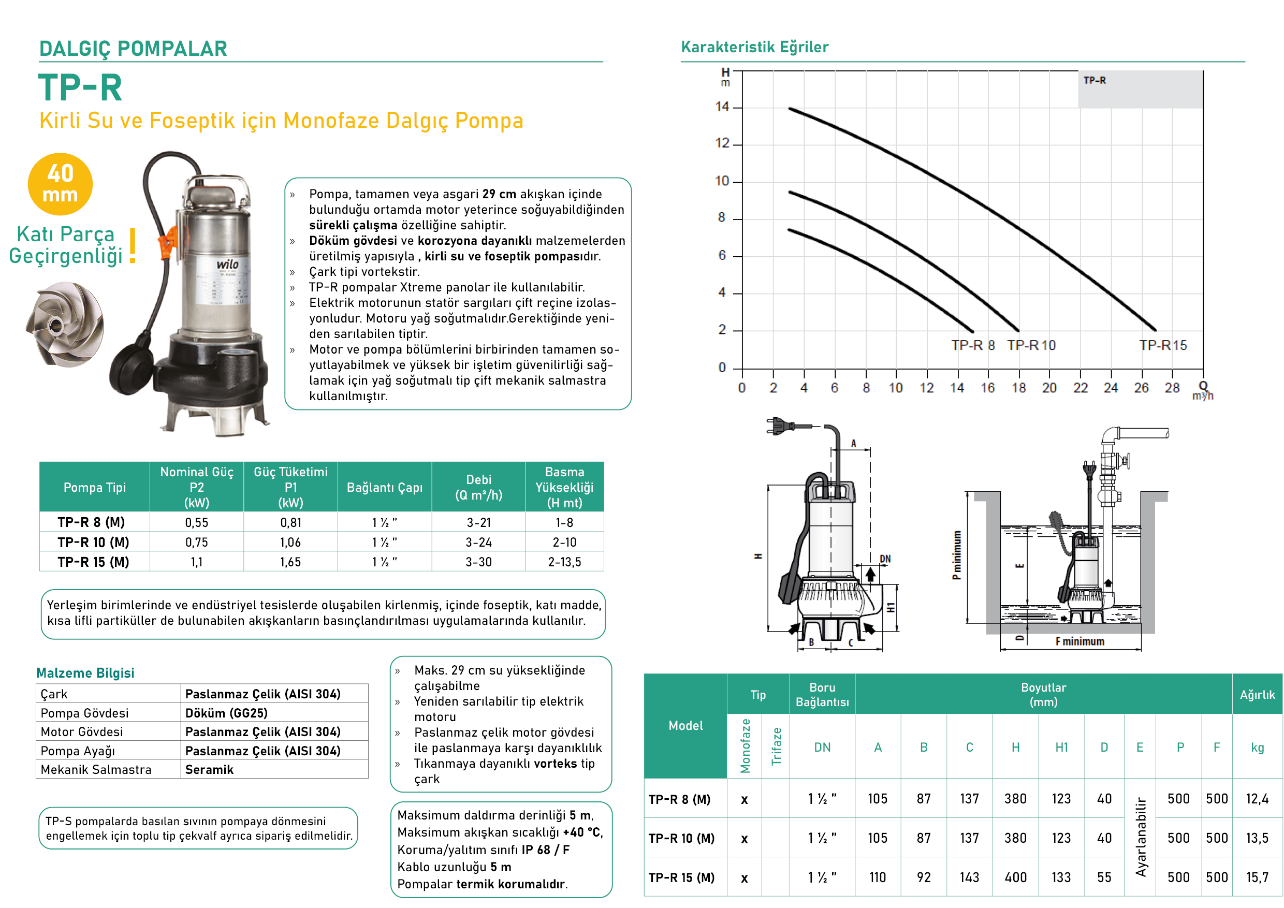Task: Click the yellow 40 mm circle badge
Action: click(61, 184)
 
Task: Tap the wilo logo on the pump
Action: click(228, 264)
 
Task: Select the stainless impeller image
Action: click(65, 324)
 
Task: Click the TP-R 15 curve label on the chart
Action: click(1163, 345)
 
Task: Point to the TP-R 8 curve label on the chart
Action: click(973, 345)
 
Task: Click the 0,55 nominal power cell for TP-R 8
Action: click(197, 523)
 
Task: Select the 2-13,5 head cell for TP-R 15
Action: click(564, 562)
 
